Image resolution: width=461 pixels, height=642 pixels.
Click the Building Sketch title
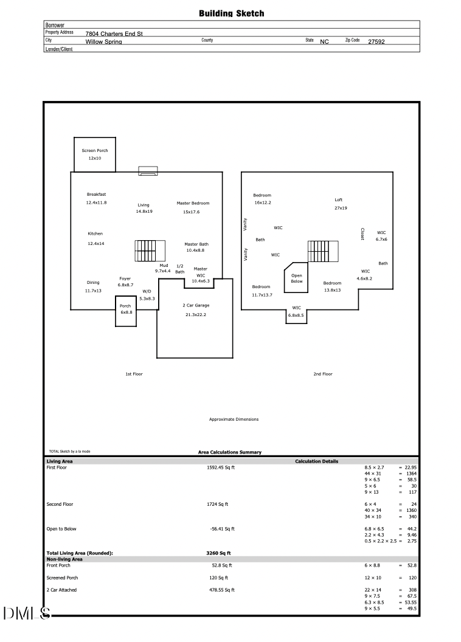point(231,13)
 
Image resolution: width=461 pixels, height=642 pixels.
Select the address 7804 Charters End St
point(114,34)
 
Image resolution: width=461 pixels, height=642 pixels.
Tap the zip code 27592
point(376,42)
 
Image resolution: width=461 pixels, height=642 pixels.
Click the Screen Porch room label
point(94,150)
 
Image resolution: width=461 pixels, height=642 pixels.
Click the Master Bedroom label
point(193,203)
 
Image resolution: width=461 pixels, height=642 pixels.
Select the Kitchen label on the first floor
point(95,233)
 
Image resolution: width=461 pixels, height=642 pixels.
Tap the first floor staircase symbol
point(150,250)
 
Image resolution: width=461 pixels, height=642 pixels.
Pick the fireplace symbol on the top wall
point(148,171)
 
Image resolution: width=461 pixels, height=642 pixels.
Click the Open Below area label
point(297,278)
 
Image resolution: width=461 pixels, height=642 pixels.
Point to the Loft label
point(339,199)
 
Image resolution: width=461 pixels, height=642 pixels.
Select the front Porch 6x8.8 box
point(125,310)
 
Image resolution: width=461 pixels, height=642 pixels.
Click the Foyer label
point(125,278)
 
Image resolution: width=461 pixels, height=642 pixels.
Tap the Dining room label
point(93,282)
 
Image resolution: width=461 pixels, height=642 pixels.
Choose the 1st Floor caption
point(134,374)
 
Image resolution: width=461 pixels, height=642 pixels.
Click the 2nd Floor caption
point(323,374)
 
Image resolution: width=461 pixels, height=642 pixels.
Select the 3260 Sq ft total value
point(218,553)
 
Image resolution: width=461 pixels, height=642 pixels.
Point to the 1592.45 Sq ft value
point(221,468)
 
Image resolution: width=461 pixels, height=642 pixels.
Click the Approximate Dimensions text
point(234,419)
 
